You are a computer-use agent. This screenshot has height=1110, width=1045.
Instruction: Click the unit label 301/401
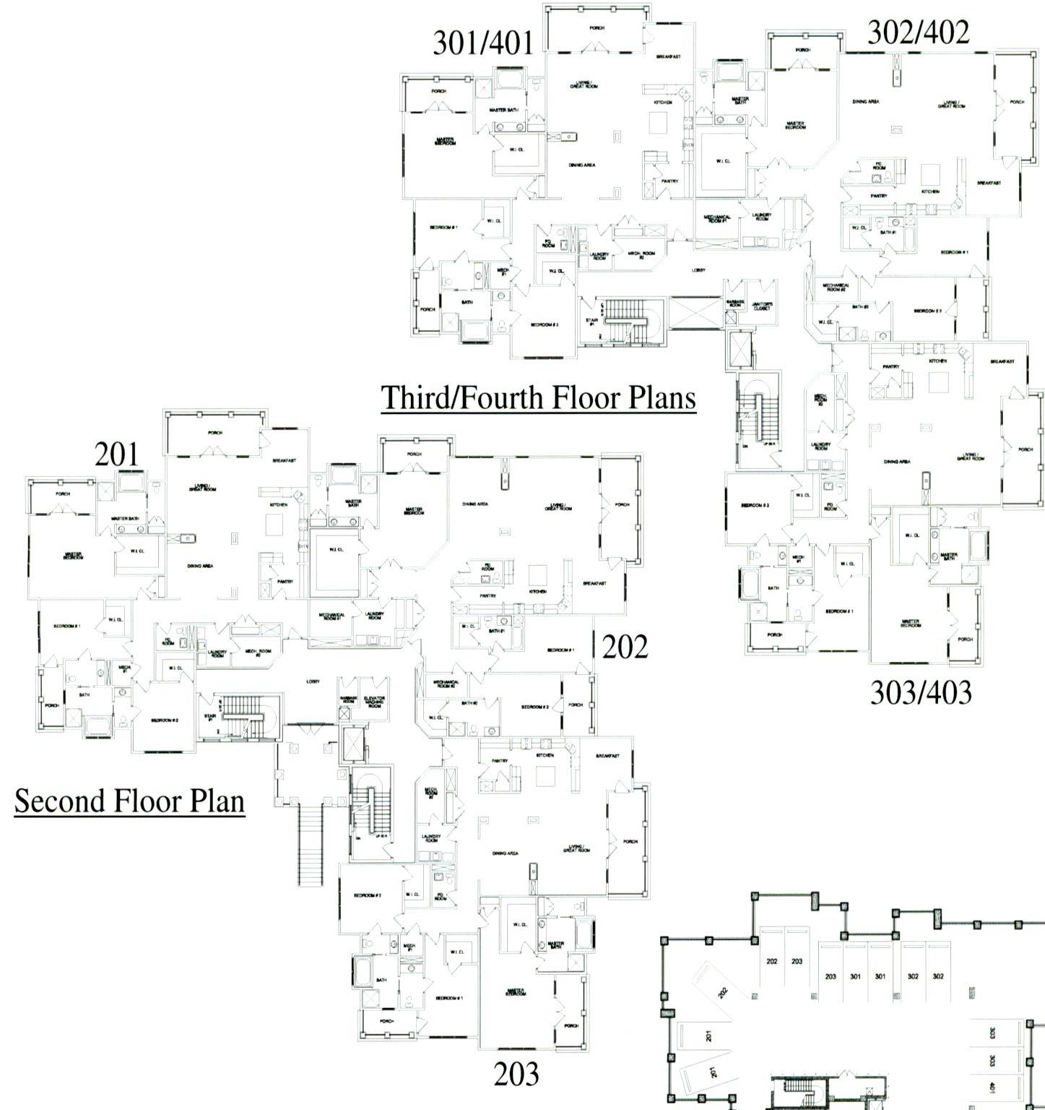[485, 43]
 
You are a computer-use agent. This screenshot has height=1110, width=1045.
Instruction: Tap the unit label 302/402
[918, 33]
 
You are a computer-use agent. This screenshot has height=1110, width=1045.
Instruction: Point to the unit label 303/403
[921, 692]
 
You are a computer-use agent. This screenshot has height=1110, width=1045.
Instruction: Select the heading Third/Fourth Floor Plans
[539, 397]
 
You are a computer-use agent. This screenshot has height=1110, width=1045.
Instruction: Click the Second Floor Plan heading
[129, 801]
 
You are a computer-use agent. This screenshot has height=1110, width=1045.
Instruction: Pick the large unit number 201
[116, 455]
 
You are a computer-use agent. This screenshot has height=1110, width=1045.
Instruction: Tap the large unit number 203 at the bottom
[516, 1075]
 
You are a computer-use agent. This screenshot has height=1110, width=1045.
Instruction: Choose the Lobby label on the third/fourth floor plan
[698, 270]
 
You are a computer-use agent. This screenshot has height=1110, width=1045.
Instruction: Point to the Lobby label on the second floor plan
[313, 681]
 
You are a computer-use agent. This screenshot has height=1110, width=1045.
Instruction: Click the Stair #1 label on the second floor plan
[210, 718]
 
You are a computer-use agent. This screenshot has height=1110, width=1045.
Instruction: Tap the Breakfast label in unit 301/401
[667, 56]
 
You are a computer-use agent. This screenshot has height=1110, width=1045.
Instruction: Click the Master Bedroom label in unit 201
[73, 556]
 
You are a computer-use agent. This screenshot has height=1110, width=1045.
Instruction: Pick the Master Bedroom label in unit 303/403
[910, 623]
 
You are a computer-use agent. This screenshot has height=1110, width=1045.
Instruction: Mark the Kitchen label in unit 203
[545, 755]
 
